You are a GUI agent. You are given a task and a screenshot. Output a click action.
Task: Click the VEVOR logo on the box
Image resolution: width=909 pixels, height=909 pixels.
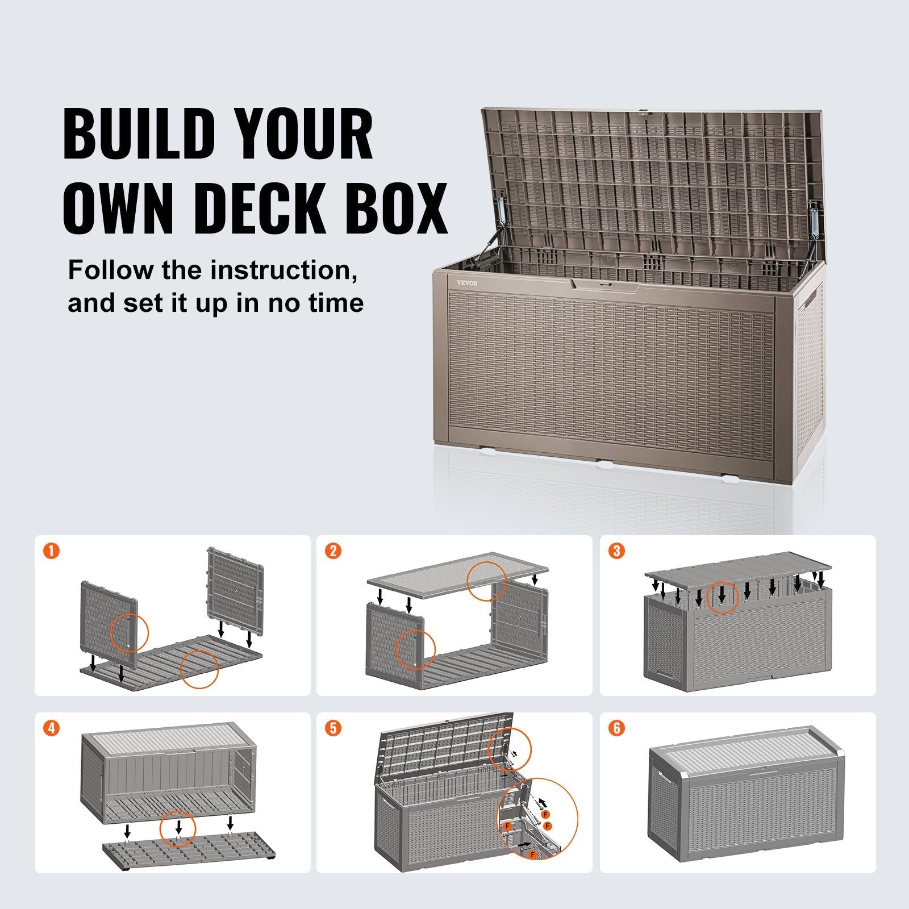click(x=468, y=283)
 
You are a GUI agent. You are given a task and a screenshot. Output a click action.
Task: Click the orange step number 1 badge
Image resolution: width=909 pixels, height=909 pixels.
click(x=51, y=551)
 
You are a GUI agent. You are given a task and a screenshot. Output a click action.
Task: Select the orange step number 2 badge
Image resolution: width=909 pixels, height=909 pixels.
click(x=333, y=551)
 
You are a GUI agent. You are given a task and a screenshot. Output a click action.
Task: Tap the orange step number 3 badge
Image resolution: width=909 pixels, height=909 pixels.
click(x=616, y=551)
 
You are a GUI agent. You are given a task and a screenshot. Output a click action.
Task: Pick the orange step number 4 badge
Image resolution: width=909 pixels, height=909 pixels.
click(x=51, y=728)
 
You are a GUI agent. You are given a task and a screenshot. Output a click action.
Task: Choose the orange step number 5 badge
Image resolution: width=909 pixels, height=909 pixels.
click(x=333, y=728)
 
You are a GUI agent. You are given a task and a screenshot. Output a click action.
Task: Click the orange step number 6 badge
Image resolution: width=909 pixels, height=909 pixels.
click(x=616, y=728)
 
